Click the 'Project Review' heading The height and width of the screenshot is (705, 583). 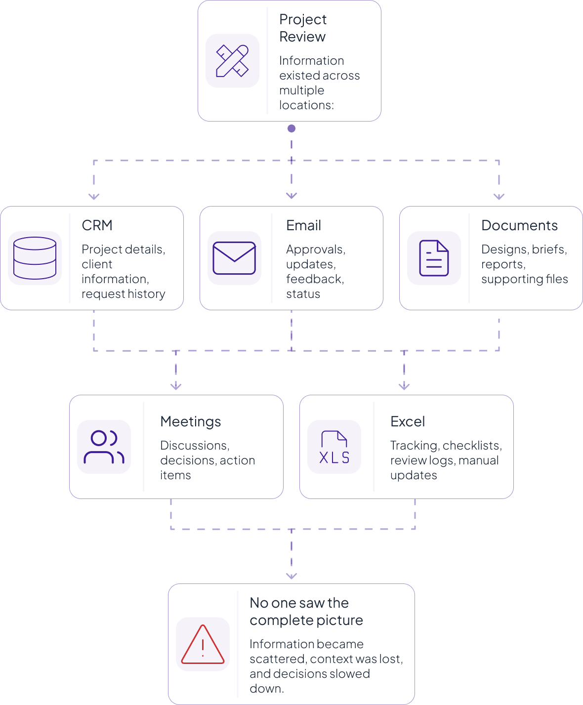303,28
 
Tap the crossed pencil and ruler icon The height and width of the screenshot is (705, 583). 232,61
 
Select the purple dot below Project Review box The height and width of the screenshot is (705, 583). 291,128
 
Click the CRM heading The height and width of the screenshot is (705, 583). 97,225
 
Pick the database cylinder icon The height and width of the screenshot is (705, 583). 35,258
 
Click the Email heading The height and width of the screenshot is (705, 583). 303,225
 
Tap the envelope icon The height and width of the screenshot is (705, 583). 234,258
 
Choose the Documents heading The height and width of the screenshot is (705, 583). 519,225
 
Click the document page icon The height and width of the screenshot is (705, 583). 434,258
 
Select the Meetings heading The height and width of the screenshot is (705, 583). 191,421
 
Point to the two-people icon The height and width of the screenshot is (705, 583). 104,447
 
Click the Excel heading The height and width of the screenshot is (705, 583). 408,421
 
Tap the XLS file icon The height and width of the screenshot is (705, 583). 334,447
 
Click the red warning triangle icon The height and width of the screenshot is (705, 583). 203,644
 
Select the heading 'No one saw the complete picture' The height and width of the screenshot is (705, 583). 306,612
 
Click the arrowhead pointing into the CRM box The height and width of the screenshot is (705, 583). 94,197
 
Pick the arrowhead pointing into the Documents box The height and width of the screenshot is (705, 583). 499,197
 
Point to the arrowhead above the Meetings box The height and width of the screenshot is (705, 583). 176,386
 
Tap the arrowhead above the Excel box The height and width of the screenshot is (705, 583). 404,386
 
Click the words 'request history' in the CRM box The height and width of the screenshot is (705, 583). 124,294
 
